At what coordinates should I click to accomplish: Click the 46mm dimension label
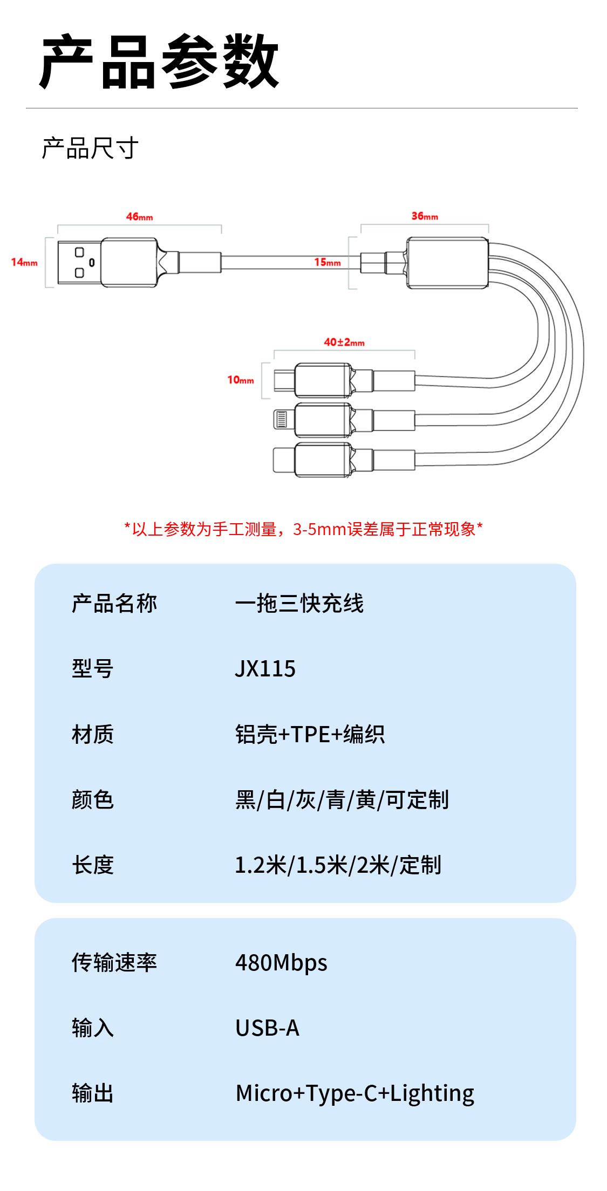click(x=139, y=217)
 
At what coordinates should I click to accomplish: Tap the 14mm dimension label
click(x=24, y=262)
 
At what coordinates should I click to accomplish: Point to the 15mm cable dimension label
click(x=328, y=263)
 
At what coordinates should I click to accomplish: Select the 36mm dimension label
click(x=425, y=216)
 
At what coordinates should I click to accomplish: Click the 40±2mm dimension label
click(x=344, y=343)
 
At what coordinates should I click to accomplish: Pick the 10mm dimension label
click(x=241, y=380)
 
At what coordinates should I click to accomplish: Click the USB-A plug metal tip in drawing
click(x=79, y=263)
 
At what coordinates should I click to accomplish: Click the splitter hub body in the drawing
click(x=447, y=263)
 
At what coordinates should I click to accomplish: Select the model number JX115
click(x=265, y=669)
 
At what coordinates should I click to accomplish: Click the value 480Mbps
click(x=281, y=963)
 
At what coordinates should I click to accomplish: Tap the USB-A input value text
click(x=267, y=1028)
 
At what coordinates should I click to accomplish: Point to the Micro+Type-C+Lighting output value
click(x=354, y=1093)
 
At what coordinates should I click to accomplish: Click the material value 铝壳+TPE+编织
click(x=310, y=735)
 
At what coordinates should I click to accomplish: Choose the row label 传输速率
click(x=114, y=963)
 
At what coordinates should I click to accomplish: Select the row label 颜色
click(x=93, y=800)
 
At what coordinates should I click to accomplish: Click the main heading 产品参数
click(x=160, y=61)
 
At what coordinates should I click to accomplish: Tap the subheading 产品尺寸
click(x=90, y=148)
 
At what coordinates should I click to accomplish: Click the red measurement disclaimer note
click(x=303, y=529)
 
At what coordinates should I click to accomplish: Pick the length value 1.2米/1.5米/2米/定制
click(x=338, y=865)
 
